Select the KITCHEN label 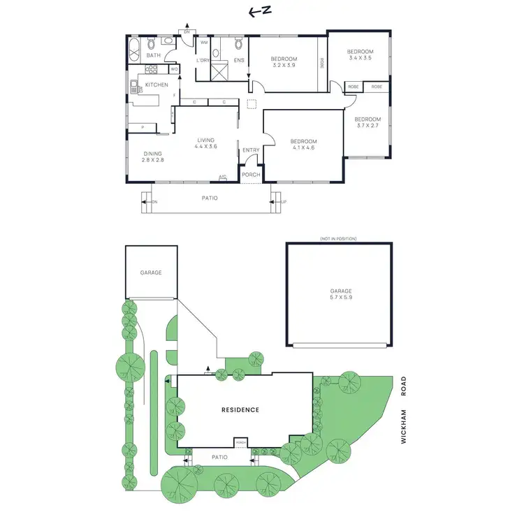tap(157, 85)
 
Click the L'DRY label tap(203, 61)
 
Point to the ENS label tap(239, 61)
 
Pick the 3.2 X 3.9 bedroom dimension tap(284, 65)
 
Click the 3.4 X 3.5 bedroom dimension tap(361, 59)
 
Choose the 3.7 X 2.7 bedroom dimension tap(367, 126)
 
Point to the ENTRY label tap(251, 150)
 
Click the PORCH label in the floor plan tap(251, 175)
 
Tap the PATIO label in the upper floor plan tap(210, 198)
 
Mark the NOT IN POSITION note tap(338, 239)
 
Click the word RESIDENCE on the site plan tap(240, 410)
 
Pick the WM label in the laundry tap(205, 43)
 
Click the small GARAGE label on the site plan tap(150, 272)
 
